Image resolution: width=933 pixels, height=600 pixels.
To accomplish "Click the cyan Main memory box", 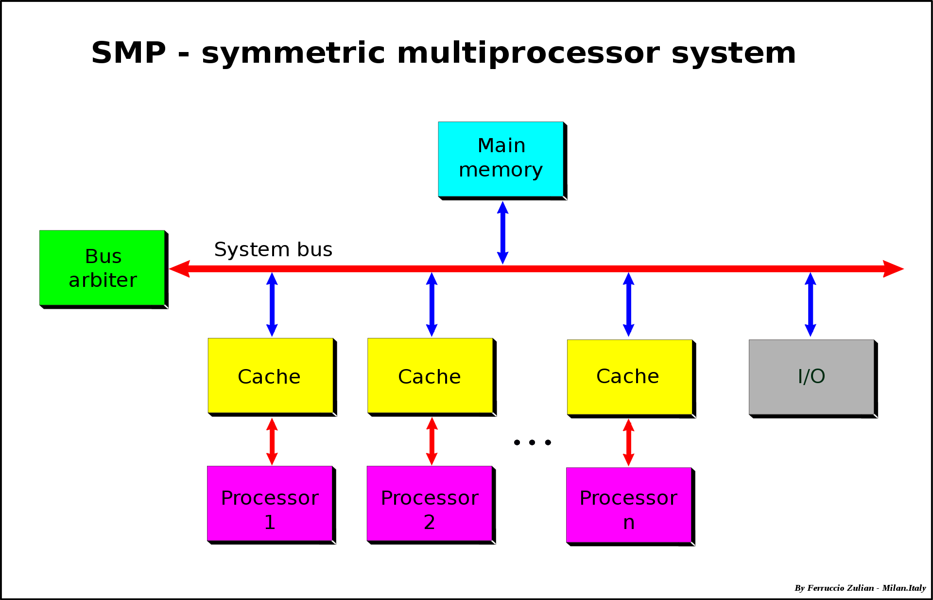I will coord(501,159).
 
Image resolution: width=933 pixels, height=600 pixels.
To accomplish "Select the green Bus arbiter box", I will coord(102,267).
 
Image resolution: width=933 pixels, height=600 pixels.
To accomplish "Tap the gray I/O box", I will coord(811,377).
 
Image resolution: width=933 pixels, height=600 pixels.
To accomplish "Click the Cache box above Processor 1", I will coord(270,375).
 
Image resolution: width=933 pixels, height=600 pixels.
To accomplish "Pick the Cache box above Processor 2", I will coord(430,375).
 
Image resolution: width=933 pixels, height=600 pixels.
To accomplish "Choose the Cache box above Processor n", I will coord(629,377).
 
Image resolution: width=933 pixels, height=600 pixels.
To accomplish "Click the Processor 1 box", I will coord(270,503).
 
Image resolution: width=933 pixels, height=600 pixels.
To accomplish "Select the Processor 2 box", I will coord(429,503).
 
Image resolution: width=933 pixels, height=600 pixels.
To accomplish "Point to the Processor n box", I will coord(628,505).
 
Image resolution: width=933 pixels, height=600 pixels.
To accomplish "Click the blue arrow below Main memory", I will coord(502,232).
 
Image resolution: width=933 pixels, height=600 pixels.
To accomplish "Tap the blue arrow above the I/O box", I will coord(810,304).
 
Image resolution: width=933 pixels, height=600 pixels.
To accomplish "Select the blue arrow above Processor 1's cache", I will coord(272,304).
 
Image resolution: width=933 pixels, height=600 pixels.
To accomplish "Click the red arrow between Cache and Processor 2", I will coord(432,441).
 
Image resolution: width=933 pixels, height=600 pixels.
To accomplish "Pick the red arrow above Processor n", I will coord(628,442).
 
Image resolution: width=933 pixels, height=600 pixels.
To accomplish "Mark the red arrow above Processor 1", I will coord(272,441).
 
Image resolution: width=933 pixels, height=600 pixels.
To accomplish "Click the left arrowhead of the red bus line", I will coord(179,268).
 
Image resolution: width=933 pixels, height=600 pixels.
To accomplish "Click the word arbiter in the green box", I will coord(103,281).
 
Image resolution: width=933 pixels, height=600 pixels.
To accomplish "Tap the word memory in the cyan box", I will coord(501,171).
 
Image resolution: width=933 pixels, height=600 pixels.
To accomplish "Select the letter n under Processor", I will coord(629,523).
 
